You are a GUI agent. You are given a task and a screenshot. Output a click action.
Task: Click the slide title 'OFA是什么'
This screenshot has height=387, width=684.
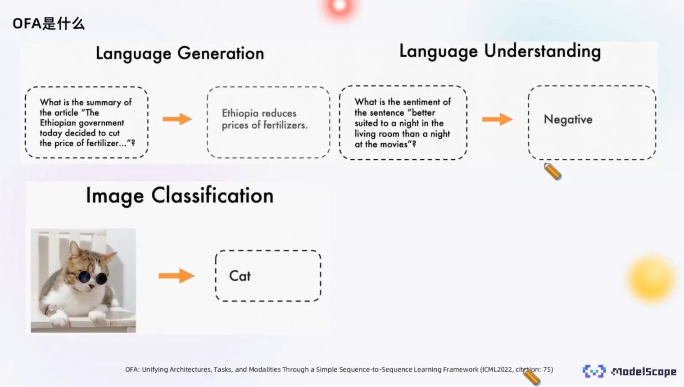pyautogui.click(x=49, y=24)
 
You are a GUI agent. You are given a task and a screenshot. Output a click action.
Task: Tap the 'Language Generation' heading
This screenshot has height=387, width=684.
pyautogui.click(x=180, y=54)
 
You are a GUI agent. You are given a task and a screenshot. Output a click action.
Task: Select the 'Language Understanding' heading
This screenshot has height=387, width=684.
pyautogui.click(x=500, y=51)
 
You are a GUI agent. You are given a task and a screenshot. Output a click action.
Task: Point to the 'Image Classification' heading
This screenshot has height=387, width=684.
pyautogui.click(x=180, y=196)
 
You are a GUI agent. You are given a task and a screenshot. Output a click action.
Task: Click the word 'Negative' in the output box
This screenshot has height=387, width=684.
pyautogui.click(x=568, y=119)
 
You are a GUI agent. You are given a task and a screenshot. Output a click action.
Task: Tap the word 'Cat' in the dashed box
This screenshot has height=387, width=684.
pyautogui.click(x=240, y=276)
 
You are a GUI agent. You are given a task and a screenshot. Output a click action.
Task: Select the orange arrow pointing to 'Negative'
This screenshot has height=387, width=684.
pyautogui.click(x=497, y=119)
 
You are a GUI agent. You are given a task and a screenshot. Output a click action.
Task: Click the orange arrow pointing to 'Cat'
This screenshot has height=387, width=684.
pyautogui.click(x=176, y=276)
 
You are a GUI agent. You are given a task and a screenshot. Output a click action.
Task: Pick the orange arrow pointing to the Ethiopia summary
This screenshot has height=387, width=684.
pyautogui.click(x=177, y=119)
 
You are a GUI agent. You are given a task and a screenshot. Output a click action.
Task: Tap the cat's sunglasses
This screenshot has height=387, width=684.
pyautogui.click(x=92, y=278)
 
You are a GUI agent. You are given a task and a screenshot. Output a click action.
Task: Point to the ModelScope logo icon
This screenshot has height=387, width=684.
pyautogui.click(x=594, y=371)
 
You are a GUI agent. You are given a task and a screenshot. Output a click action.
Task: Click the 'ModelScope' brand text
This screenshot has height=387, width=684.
pyautogui.click(x=643, y=372)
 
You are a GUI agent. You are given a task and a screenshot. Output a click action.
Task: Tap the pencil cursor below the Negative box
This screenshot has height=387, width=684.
pyautogui.click(x=553, y=171)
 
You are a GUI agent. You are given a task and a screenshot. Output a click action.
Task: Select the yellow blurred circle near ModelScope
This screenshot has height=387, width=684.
pyautogui.click(x=651, y=279)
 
